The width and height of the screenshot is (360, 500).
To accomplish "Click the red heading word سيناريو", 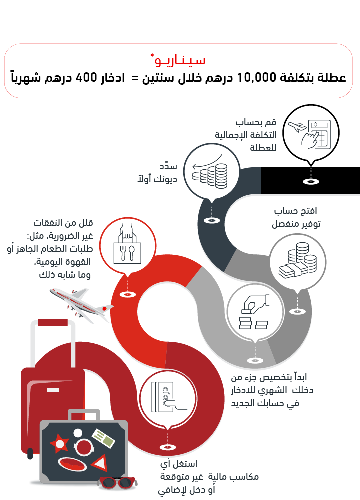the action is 180,60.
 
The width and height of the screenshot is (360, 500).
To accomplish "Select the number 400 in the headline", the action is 86,78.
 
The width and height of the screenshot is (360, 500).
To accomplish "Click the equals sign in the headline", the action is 135,78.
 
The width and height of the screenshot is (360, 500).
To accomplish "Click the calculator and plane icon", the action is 311,134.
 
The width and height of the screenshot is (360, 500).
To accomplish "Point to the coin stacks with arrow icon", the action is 210,172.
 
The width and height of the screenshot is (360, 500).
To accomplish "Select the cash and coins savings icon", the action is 298,260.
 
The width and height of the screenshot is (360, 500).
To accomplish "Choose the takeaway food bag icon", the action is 127,244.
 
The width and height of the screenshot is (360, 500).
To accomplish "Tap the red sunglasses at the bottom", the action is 118,483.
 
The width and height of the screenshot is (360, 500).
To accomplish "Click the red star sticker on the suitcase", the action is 59,443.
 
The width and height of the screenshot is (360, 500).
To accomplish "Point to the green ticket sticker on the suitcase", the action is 103,438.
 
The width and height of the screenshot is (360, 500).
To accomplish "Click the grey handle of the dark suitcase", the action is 84,414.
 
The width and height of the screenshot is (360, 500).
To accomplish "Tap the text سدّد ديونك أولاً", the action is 157,173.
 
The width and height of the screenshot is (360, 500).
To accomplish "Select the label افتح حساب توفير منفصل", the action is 296,217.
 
